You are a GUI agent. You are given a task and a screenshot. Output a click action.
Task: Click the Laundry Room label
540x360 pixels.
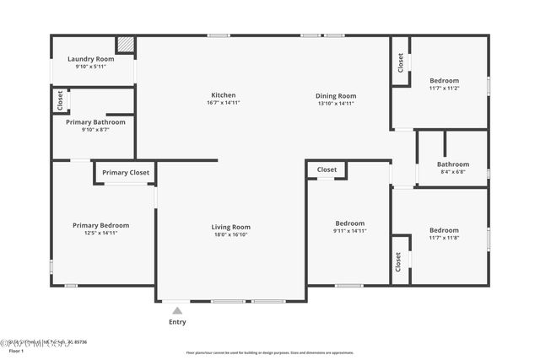point(90,59)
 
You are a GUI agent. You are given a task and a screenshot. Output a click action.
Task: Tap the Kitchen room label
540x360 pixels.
point(224,95)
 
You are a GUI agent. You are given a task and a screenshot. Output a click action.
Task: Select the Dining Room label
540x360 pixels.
point(336,96)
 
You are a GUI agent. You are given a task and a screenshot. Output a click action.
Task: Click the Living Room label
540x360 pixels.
point(230,227)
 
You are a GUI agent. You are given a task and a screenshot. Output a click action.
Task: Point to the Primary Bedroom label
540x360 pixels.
point(100,225)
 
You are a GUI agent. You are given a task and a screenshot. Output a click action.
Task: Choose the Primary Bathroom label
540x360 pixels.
point(95,122)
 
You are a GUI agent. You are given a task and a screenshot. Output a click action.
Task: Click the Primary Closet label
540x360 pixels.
point(126,173)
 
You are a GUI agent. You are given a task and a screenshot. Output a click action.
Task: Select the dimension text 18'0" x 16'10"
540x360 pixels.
point(230,235)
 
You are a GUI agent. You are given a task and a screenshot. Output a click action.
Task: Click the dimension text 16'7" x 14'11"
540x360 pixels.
point(224,103)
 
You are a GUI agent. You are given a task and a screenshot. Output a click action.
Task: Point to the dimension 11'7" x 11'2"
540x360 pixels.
point(444,88)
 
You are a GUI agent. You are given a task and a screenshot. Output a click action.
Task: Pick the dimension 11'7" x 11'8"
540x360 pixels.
point(444,238)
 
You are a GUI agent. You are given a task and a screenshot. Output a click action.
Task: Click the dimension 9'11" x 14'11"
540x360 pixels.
point(349,231)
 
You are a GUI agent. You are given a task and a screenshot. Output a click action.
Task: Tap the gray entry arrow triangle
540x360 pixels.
point(177,311)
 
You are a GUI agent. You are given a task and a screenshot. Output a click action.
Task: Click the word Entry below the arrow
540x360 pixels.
point(177,322)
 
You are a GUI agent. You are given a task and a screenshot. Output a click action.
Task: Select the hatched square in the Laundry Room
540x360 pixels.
point(125,44)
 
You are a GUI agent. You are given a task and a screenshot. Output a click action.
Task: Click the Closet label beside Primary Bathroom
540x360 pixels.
point(60,100)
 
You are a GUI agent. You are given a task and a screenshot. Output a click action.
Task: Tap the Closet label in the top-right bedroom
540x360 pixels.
point(401,62)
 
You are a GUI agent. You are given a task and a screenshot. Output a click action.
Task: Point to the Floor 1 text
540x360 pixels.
point(17,350)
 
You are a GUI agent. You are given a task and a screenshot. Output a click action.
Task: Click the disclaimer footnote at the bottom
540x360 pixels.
point(270,352)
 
